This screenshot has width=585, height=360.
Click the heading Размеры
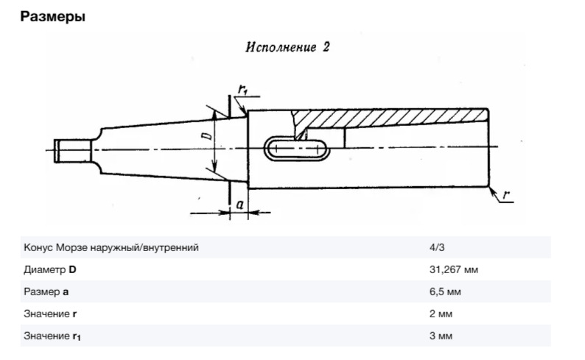54,16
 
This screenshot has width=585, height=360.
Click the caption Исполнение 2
287,47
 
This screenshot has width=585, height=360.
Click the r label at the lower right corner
508,194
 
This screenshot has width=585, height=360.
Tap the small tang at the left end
71,151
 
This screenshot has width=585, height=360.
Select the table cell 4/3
435,248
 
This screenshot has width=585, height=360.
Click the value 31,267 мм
453,270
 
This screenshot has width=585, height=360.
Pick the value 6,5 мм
445,292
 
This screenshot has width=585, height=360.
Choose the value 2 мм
441,314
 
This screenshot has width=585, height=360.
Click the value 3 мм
441,336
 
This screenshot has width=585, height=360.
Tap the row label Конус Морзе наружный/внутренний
111,248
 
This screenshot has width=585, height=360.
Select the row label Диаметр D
50,270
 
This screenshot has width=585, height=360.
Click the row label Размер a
46,292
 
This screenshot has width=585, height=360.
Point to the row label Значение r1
52,336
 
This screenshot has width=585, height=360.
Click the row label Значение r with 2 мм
49,314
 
